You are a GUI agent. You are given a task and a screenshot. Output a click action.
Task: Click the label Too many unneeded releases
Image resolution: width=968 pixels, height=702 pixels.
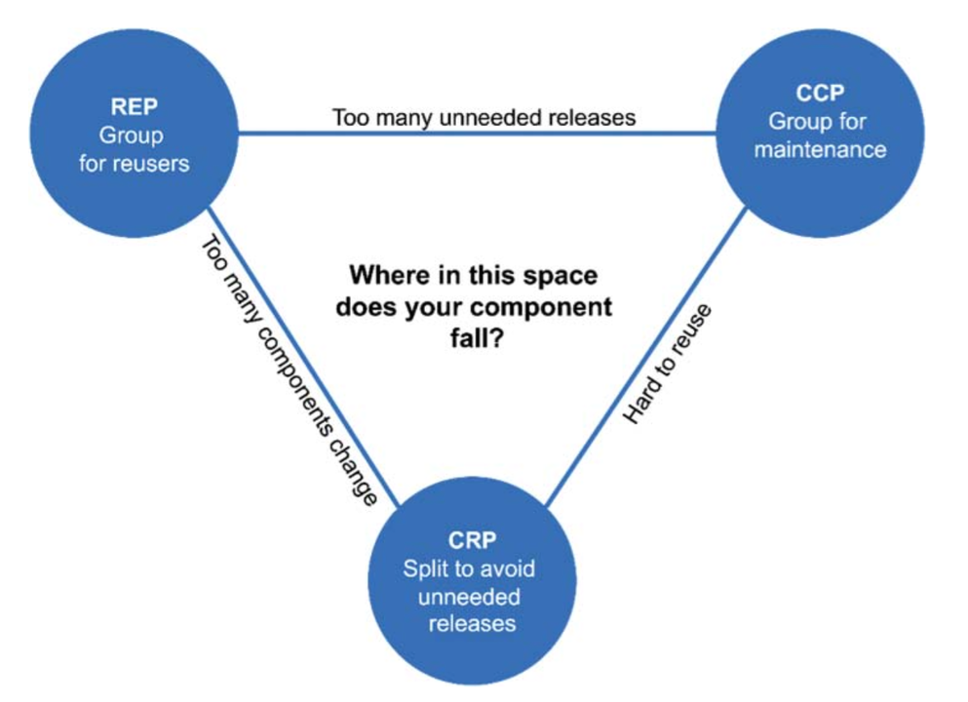tap(484, 118)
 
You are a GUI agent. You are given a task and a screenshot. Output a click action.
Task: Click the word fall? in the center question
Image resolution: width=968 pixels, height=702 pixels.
tap(475, 342)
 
